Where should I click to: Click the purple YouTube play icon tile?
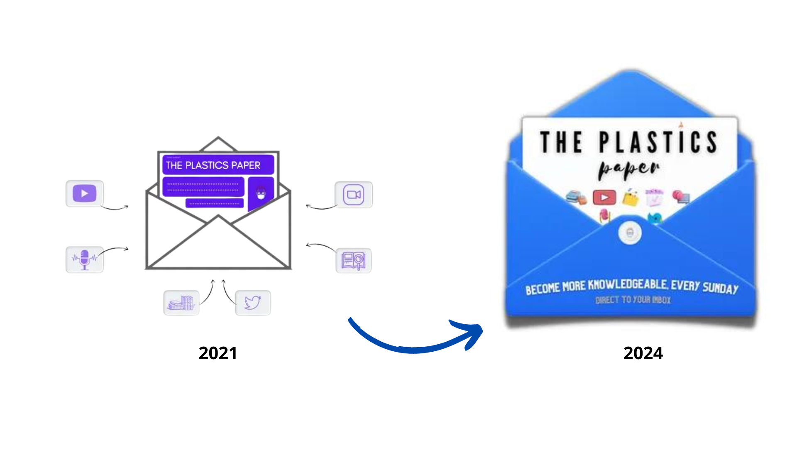point(84,193)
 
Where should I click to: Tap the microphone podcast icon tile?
point(84,259)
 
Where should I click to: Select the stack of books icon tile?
point(181,302)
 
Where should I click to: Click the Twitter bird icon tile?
point(253,302)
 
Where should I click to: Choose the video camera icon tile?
point(354,194)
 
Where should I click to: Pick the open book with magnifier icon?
point(353,260)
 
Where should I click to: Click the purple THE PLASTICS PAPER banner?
point(218,165)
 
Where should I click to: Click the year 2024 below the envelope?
point(643,353)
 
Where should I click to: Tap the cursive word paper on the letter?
point(628,169)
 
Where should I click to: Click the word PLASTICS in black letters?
point(658,142)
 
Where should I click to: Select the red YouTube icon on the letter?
point(604,197)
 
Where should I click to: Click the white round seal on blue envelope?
point(630,233)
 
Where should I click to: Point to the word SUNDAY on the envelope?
point(720,288)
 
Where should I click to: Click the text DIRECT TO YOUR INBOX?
point(633,300)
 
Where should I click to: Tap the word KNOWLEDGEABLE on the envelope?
point(628,285)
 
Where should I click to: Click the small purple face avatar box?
point(261,192)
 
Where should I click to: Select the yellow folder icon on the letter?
point(630,198)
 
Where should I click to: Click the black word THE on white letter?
point(561,142)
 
